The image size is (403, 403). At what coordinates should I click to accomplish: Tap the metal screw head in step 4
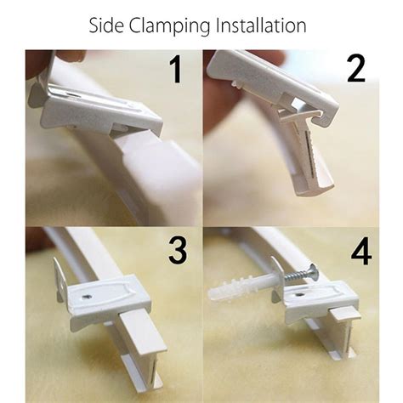[x=311, y=274]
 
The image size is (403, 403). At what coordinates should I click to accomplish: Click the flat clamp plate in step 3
[x=106, y=297]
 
